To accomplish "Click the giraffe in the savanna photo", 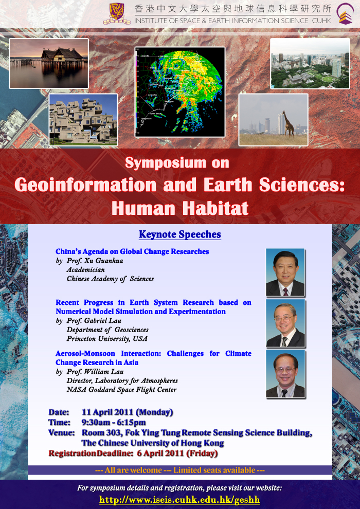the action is click(288, 123).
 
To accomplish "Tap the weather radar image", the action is click(180, 92).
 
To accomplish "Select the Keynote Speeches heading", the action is click(180, 234).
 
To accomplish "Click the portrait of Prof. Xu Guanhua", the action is click(285, 272).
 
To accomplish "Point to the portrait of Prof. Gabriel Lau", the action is click(285, 323).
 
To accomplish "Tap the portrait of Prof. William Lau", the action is click(285, 374).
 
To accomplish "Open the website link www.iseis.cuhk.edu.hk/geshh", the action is click(180, 499).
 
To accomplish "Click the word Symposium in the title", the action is click(166, 163).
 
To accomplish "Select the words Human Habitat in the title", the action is click(180, 208).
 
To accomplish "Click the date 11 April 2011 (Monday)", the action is click(127, 412).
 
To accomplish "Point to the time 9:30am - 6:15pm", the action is click(114, 422).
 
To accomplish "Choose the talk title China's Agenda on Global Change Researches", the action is click(132, 251).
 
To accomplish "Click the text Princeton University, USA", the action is click(107, 339).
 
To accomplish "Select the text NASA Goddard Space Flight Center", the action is click(121, 390).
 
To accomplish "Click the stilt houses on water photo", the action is click(49, 63).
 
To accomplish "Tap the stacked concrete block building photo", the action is click(83, 120).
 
